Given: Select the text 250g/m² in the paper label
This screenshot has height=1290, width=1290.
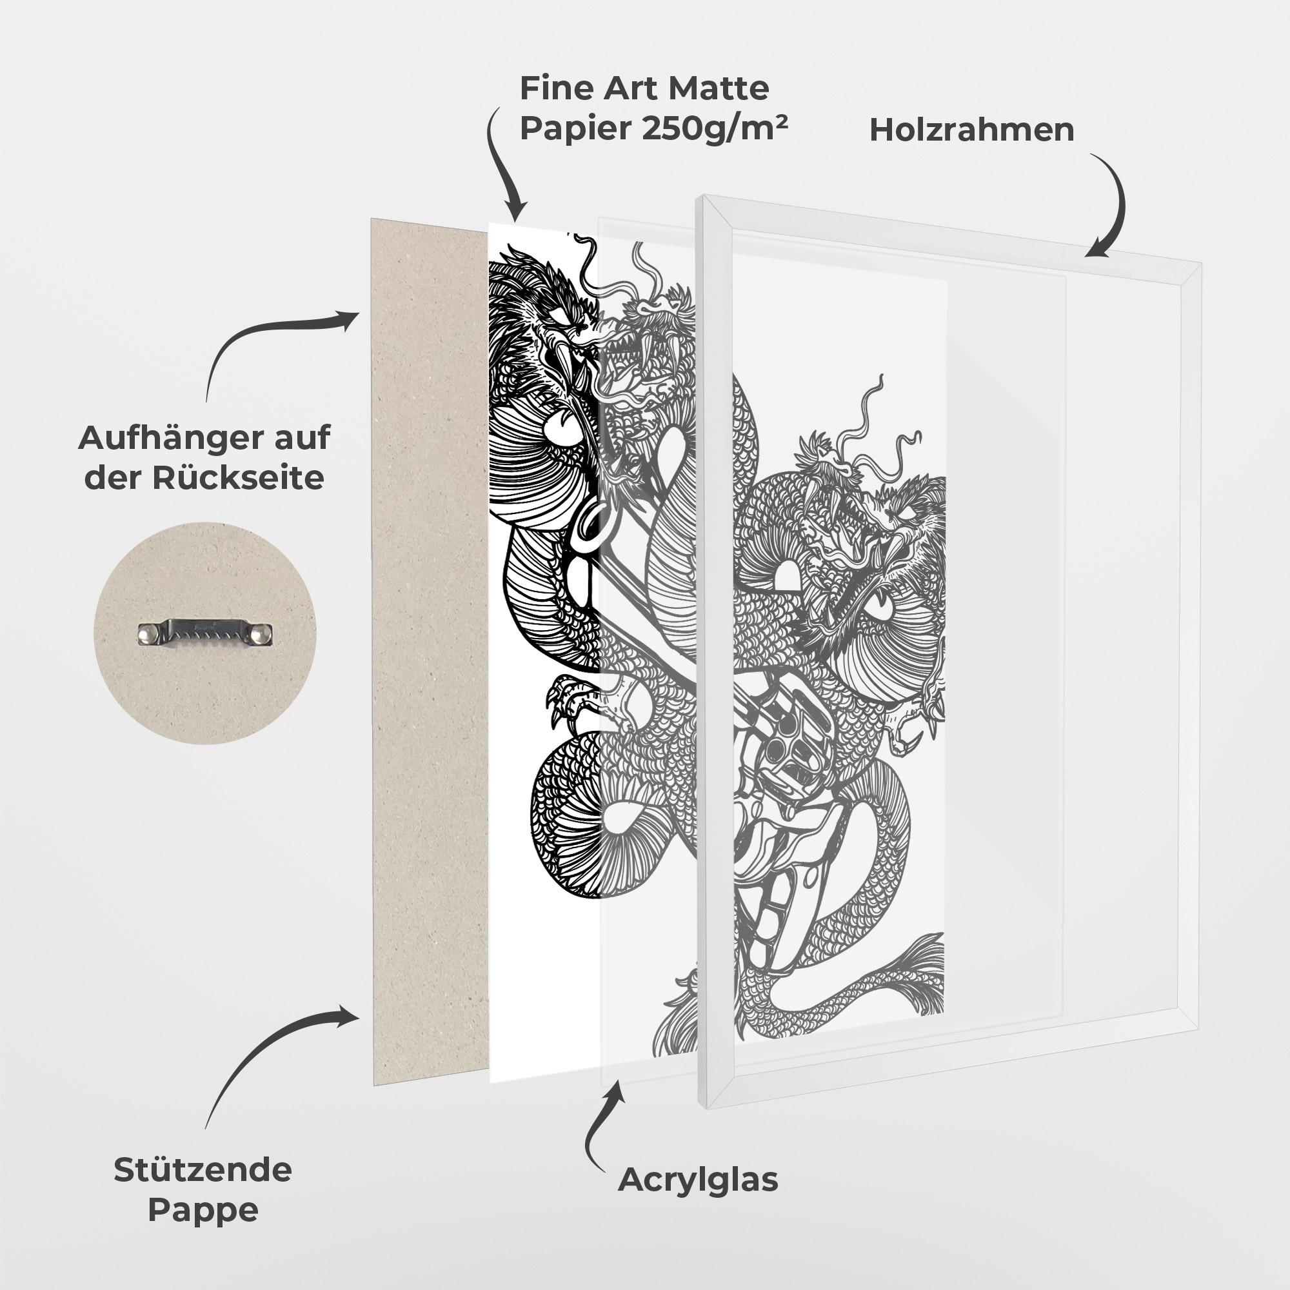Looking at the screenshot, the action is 714,127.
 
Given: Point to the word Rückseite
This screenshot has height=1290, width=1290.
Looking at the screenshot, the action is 239,479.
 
